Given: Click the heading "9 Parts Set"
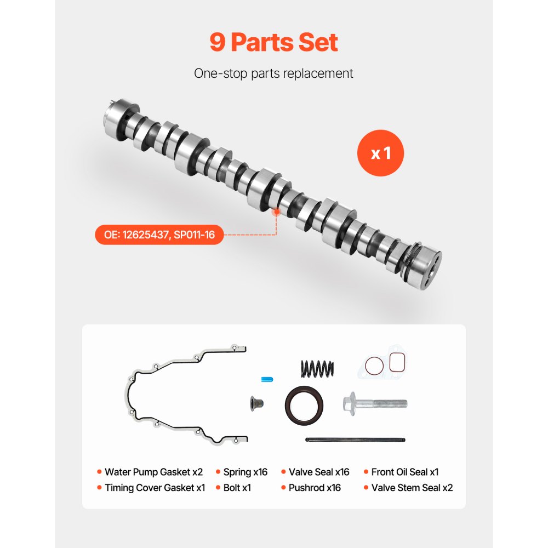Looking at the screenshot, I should tap(273, 43).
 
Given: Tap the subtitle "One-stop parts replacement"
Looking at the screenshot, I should tap(273, 73).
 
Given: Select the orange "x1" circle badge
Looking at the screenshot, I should tap(380, 153).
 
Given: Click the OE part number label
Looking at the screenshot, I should tap(159, 236).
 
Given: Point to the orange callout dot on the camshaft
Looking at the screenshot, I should tap(276, 210).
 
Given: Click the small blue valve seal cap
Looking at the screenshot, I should tap(267, 379).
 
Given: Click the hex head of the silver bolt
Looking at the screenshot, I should tap(351, 403).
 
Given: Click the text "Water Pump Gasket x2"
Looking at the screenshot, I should tap(153, 472).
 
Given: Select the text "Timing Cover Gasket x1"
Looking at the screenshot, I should tap(155, 488).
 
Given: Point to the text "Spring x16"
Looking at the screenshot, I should tap(245, 472).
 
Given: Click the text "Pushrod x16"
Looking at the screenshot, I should tap(315, 488).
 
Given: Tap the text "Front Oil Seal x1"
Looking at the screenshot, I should tap(404, 472).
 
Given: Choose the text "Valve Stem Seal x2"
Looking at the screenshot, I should tap(412, 488).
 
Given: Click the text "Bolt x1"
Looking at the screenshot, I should tap(237, 488).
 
